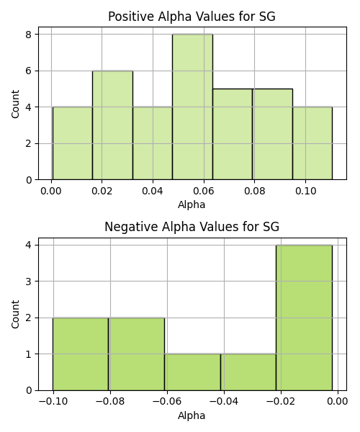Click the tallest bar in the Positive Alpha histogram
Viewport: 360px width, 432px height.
[x=192, y=107]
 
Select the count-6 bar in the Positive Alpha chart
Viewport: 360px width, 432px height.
[x=112, y=125]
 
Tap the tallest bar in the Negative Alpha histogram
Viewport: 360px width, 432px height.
[x=304, y=318]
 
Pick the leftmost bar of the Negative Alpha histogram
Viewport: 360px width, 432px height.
[x=81, y=354]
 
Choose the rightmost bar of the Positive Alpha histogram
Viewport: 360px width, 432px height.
[x=312, y=143]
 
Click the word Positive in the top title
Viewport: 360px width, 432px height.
[x=131, y=17]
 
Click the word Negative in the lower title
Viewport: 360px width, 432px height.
[x=131, y=227]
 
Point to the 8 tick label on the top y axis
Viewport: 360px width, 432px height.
[x=29, y=35]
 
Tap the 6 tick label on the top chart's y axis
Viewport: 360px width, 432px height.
[x=29, y=71]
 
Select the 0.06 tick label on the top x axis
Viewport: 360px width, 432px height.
[x=204, y=192]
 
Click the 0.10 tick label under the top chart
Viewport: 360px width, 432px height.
[x=305, y=192]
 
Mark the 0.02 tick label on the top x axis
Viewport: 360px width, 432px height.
[x=102, y=192]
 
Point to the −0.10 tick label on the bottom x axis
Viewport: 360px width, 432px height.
[x=53, y=402]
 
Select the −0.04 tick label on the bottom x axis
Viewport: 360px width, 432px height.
[x=224, y=402]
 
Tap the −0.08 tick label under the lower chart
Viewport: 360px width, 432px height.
[x=110, y=402]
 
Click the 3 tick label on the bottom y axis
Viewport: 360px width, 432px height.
[x=29, y=282]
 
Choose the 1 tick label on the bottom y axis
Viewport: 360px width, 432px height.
[x=29, y=354]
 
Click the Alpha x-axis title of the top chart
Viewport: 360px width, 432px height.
[x=192, y=205]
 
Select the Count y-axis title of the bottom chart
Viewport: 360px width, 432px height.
[x=15, y=315]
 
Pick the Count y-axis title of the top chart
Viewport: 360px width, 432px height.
[x=15, y=104]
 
